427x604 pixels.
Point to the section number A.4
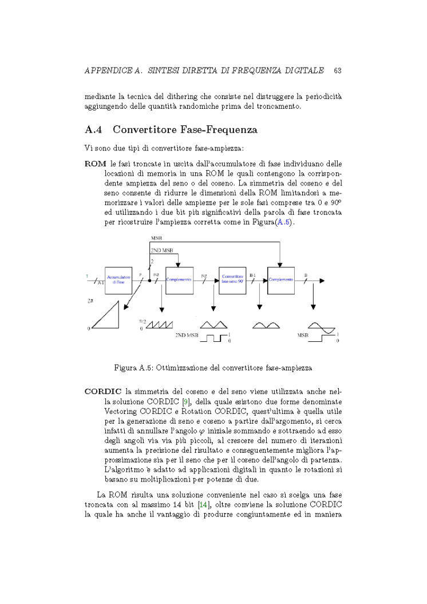pos(93,130)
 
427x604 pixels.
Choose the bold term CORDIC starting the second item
pos(102,391)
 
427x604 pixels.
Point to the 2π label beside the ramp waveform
pos(90,301)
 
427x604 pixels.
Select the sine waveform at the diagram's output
pos(321,327)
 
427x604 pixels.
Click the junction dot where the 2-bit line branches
pos(149,281)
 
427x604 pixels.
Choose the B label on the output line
pos(306,275)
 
